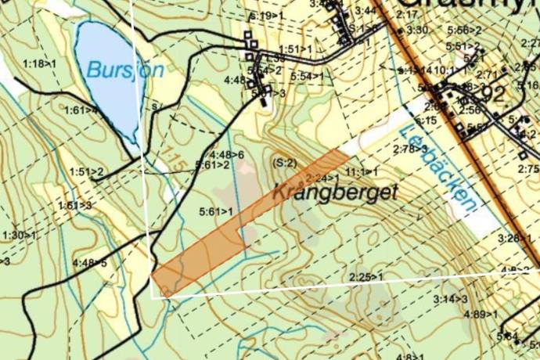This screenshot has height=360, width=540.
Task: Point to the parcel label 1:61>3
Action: pyautogui.click(x=74, y=205)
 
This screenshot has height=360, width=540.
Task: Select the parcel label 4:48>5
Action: pyautogui.click(x=89, y=262)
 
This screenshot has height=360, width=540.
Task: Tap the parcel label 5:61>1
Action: pyautogui.click(x=217, y=211)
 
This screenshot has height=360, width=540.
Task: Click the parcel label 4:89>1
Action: pyautogui.click(x=481, y=314)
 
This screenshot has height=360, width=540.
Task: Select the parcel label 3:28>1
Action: pyautogui.click(x=514, y=238)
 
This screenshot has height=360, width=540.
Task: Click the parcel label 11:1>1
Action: pyautogui.click(x=362, y=171)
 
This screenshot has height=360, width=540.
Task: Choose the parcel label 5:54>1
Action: pyautogui.click(x=306, y=77)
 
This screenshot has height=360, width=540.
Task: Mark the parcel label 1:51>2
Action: pyautogui.click(x=86, y=171)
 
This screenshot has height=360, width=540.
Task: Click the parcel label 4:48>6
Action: pyautogui.click(x=227, y=154)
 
